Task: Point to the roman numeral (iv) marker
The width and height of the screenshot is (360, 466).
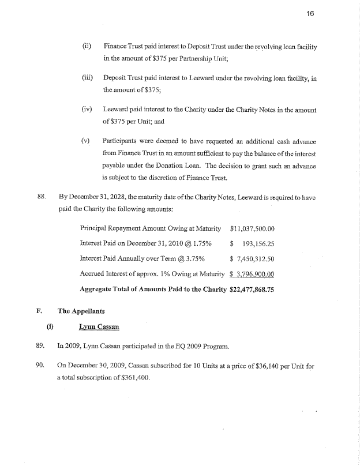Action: (87, 109)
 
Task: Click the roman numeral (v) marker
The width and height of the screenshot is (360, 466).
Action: (86, 141)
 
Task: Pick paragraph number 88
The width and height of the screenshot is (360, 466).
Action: (42, 197)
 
